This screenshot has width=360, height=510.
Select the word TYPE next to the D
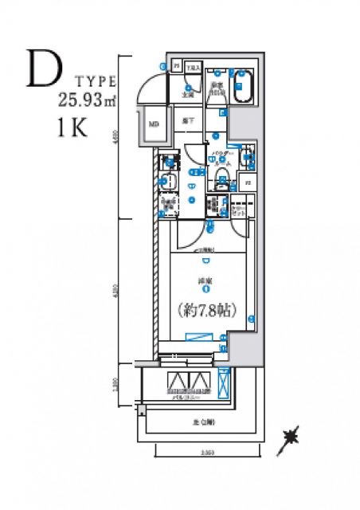[97, 81]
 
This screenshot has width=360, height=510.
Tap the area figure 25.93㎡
[87, 100]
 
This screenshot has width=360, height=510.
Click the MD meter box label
[153, 124]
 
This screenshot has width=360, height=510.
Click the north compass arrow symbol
[290, 437]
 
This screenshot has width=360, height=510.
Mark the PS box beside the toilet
[248, 182]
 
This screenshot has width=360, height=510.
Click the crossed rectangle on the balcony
[225, 386]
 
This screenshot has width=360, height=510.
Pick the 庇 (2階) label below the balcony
[197, 422]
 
